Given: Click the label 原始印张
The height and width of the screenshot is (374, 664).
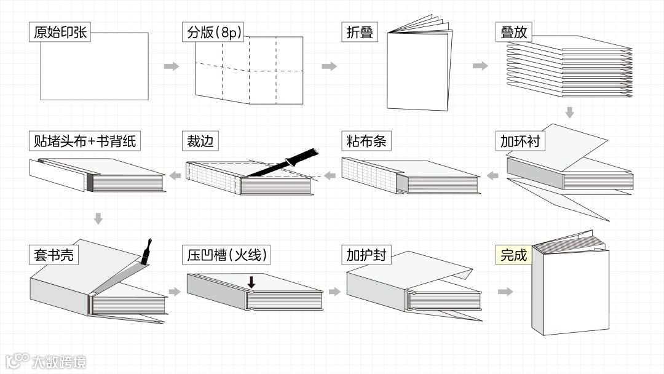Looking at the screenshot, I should coord(60,32).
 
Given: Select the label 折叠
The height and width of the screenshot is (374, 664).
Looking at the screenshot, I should coord(360,32).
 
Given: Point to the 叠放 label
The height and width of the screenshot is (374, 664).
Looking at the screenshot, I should coord(513,32).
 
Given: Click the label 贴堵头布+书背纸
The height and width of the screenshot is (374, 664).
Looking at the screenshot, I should coord(85,141).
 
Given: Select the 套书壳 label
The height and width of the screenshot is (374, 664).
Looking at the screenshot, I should coord(53,254).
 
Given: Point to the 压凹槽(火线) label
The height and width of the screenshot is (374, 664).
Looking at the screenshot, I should coord(227,254).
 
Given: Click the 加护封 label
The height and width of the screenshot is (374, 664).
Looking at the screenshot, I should coord(366,254).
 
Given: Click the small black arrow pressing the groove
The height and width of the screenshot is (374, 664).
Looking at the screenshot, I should coord(251,282).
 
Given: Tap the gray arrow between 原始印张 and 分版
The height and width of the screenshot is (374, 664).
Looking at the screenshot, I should coord(172,66).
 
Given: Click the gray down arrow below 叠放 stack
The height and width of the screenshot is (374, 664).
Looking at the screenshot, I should coord(569,113).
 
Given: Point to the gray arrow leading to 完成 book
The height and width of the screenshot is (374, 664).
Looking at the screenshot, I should coord(505,292).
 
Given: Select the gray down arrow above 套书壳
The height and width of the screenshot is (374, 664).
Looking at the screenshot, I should coord(98,218).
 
